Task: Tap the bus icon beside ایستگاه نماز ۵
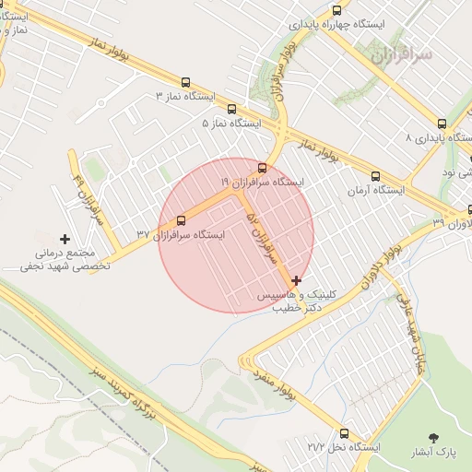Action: (230, 109)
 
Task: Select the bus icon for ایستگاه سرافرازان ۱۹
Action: (264, 168)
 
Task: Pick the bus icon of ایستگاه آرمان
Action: (374, 176)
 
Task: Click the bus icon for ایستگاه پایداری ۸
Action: (442, 124)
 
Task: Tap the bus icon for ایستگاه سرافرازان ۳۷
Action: (180, 220)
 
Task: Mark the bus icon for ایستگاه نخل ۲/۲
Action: (344, 433)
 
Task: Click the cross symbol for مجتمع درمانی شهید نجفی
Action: (65, 239)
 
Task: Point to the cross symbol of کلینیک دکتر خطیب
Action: (296, 280)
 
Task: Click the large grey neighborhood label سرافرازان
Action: (402, 56)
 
